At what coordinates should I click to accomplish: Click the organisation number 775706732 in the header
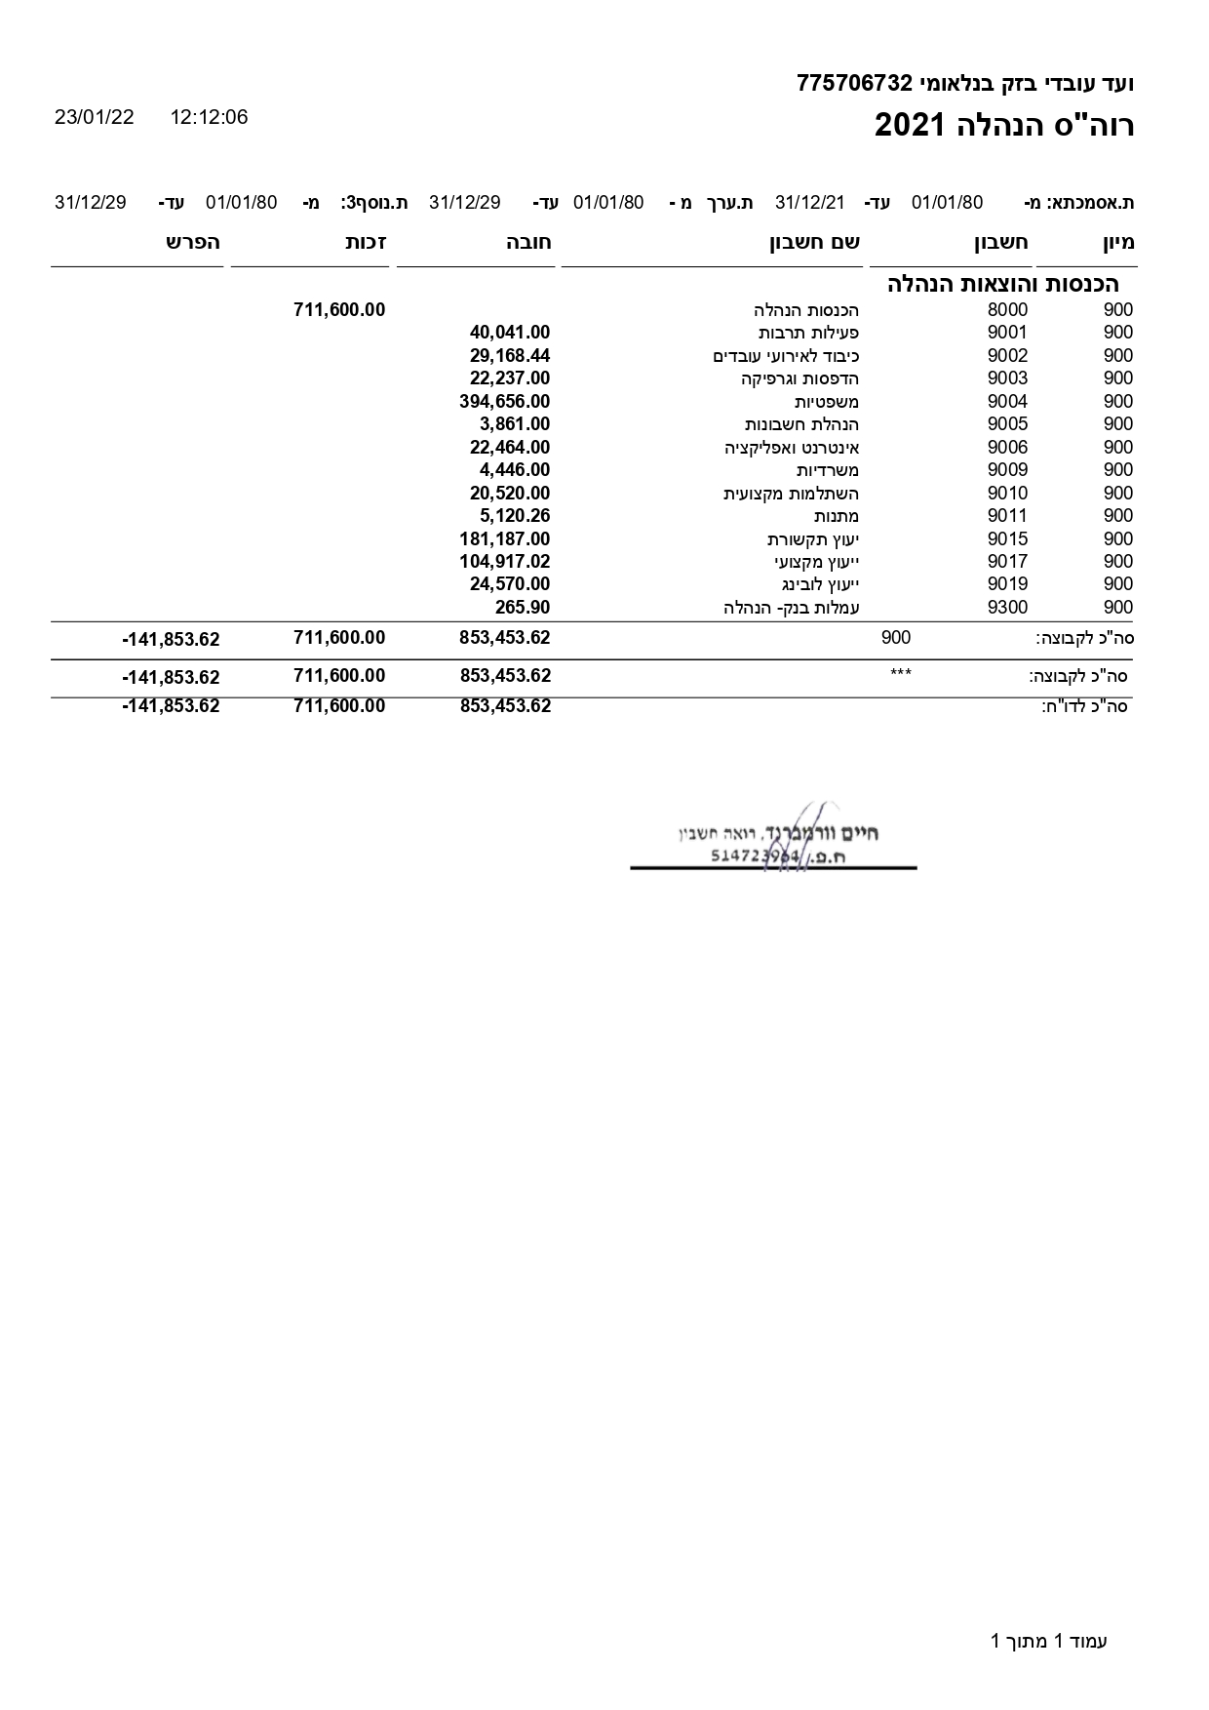tap(853, 84)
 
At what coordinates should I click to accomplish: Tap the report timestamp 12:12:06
tap(209, 118)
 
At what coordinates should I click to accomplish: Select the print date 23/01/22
tap(95, 118)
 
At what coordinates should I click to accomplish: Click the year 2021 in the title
tap(910, 126)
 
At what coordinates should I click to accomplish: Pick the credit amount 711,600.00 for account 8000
tap(338, 310)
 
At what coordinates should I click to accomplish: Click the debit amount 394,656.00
tap(504, 402)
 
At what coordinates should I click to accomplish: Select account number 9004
tap(1007, 402)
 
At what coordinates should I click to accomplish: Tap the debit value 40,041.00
tap(509, 333)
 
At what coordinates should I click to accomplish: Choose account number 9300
tap(1007, 608)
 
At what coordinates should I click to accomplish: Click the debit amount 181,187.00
tap(504, 539)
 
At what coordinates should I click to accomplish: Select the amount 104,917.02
tap(504, 562)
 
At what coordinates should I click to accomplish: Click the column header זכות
tap(367, 243)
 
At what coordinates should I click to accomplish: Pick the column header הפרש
tap(192, 243)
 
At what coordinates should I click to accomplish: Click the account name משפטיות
tap(826, 402)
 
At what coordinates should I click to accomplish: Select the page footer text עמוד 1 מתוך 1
tap(1048, 1641)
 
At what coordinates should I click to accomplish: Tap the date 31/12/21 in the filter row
tap(809, 203)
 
